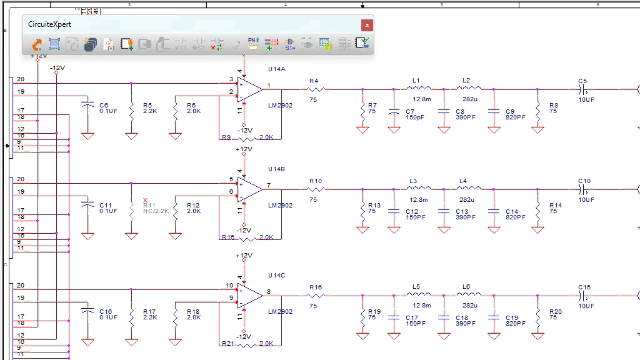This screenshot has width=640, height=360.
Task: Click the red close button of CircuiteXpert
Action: (x=367, y=23)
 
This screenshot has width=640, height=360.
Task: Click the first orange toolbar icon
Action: (x=36, y=44)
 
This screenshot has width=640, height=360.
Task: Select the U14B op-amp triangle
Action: (x=250, y=187)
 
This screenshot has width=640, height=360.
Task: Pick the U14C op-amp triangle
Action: (x=250, y=292)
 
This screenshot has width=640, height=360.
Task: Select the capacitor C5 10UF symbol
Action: (x=583, y=89)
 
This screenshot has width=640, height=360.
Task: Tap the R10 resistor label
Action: (x=315, y=181)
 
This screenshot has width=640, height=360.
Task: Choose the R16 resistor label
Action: (x=315, y=286)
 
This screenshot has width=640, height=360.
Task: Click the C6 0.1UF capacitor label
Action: (x=102, y=104)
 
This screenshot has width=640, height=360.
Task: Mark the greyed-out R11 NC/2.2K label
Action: (x=148, y=206)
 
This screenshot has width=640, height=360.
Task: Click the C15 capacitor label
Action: (x=584, y=286)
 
